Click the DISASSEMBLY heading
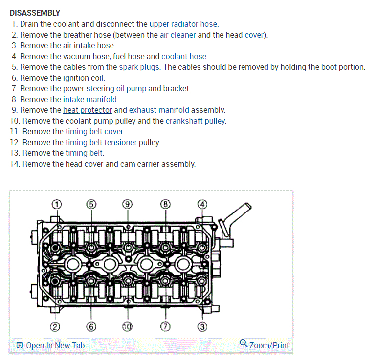pyautogui.click(x=35, y=13)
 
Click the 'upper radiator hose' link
pyautogui.click(x=183, y=24)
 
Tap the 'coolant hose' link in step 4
pyautogui.click(x=184, y=56)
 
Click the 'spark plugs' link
pyautogui.click(x=139, y=67)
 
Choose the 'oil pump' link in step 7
pyautogui.click(x=131, y=88)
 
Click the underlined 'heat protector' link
pyautogui.click(x=88, y=110)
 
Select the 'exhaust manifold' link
pyautogui.click(x=159, y=110)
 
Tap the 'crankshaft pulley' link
pyautogui.click(x=196, y=121)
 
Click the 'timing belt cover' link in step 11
pyautogui.click(x=94, y=131)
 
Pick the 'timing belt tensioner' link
pyautogui.click(x=101, y=142)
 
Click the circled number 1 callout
pyautogui.click(x=57, y=204)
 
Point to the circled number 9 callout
pyautogui.click(x=127, y=204)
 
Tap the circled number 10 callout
pyautogui.click(x=127, y=326)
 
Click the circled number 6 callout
pyautogui.click(x=91, y=326)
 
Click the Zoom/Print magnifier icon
pyautogui.click(x=244, y=344)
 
